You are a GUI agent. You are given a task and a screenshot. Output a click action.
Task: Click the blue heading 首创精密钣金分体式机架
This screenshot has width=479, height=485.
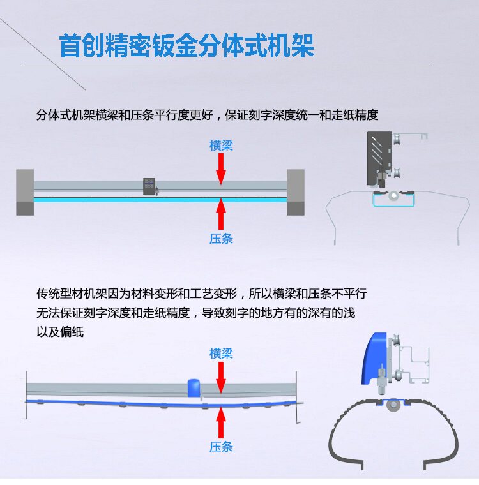pos(186,46)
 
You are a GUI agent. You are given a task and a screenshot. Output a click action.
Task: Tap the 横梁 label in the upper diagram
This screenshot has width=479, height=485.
pos(221,145)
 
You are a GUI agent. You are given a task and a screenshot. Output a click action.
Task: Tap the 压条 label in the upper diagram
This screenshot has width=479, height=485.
pos(221,239)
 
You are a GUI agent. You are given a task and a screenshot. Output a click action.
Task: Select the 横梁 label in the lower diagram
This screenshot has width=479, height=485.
pos(221,354)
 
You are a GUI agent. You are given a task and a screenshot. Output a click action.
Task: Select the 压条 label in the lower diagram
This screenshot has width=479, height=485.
pos(221,447)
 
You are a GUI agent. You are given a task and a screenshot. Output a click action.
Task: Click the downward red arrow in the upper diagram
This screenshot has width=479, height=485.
pos(221,168)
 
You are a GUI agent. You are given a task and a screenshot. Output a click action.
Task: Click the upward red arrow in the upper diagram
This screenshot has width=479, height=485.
pos(221,213)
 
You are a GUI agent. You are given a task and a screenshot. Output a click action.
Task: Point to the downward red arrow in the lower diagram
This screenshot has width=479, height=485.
pos(221,377)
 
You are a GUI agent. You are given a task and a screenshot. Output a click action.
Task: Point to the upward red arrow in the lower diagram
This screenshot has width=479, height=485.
pos(221,422)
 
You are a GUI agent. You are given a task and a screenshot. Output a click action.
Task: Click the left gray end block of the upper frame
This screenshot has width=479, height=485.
pos(25,192)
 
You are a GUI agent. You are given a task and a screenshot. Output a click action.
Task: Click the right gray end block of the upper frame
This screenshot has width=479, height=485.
pos(295,192)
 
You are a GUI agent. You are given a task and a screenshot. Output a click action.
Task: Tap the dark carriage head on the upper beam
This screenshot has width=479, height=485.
pos(150,186)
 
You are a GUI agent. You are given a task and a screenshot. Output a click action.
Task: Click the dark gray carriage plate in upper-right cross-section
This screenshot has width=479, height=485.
pos(377,156)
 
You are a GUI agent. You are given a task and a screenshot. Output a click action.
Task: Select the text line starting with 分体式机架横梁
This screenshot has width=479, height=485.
pos(208,116)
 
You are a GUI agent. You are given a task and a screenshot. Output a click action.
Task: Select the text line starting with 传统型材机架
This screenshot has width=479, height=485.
pos(202,294)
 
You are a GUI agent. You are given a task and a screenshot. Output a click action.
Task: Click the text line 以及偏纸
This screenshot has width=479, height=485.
pos(60,332)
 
